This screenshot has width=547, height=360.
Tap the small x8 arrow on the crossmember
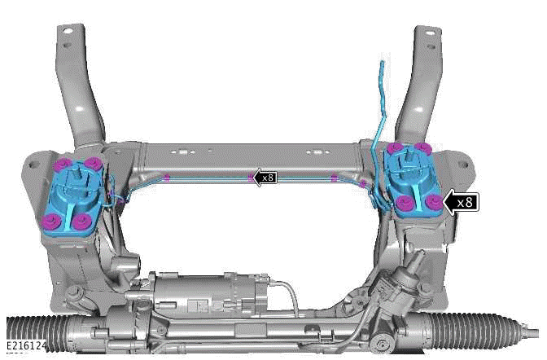(x=266, y=176)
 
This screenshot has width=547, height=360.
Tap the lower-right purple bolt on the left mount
(x=80, y=220)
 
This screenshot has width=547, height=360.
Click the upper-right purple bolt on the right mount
(x=423, y=147)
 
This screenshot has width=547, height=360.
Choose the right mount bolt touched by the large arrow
(x=434, y=201)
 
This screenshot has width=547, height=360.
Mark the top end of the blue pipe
(x=381, y=63)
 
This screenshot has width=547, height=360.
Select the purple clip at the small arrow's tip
(x=250, y=176)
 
